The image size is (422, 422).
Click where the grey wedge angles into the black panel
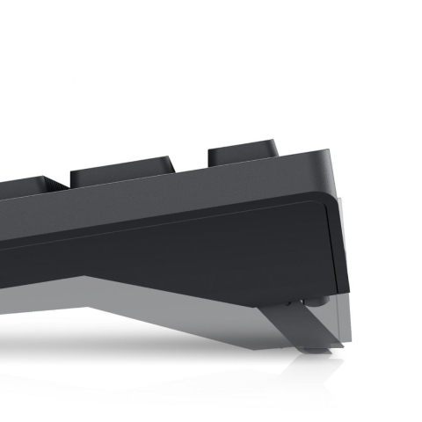[88, 280]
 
